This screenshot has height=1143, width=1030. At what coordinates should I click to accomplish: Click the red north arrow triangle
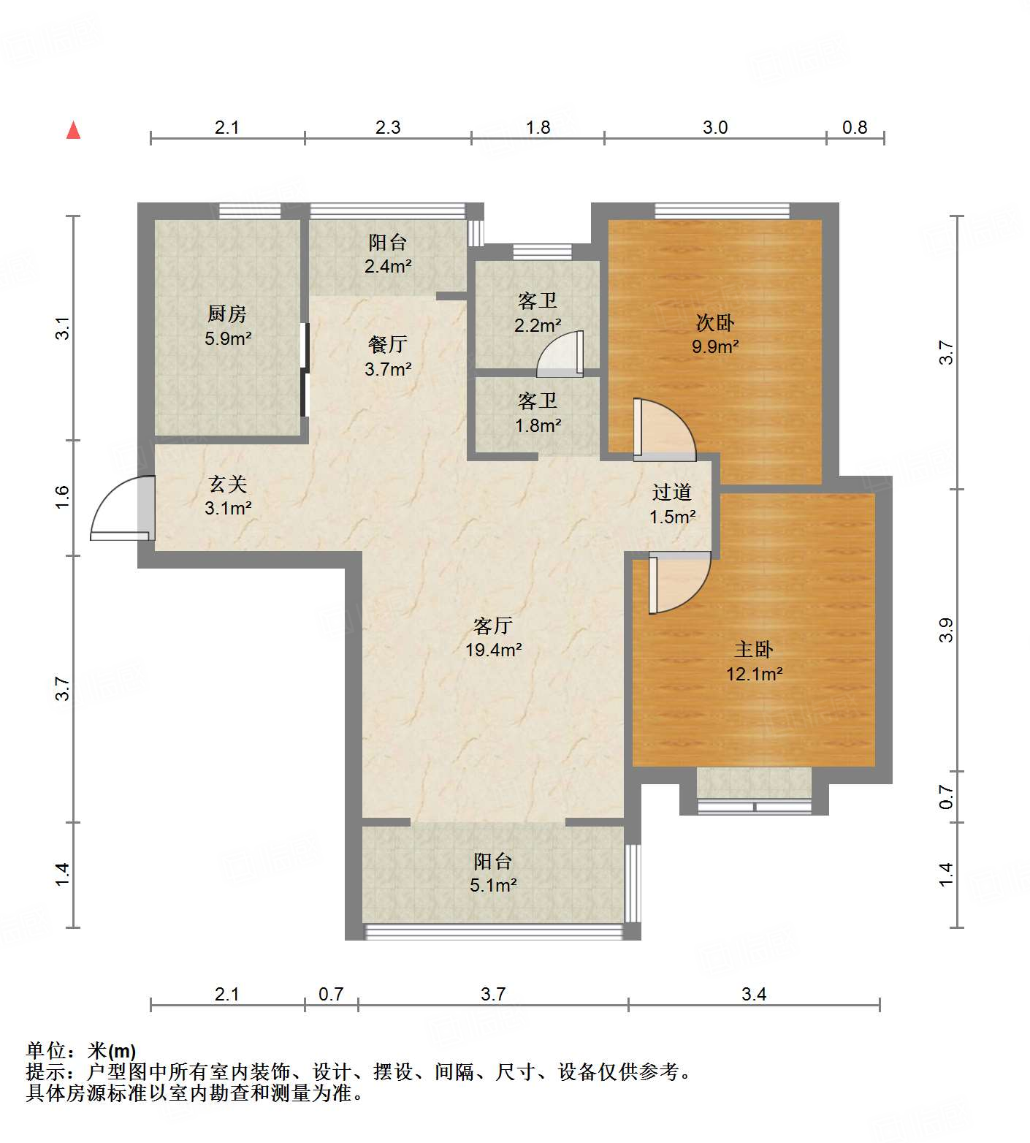[x=73, y=131]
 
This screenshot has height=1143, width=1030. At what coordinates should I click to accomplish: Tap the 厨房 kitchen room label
[x=227, y=314]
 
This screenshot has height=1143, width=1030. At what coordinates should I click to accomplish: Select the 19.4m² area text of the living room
[x=493, y=650]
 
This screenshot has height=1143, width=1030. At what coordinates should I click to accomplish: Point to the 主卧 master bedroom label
[x=754, y=649]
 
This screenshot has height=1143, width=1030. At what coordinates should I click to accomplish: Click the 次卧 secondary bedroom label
[x=714, y=322]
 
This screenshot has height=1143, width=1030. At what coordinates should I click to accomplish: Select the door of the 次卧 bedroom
[x=661, y=430]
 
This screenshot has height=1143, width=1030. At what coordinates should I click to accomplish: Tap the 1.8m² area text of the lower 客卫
[x=538, y=425]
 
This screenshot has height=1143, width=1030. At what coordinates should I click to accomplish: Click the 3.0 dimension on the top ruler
[x=715, y=128]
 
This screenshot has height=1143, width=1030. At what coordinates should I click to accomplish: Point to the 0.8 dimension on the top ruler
[x=854, y=128]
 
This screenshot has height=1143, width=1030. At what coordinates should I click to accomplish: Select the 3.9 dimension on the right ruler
[x=946, y=630]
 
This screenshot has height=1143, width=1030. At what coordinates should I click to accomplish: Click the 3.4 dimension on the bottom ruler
[x=754, y=994]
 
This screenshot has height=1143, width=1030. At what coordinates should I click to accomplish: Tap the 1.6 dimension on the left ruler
[x=63, y=498]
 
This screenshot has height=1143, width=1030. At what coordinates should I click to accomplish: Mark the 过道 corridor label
[x=671, y=493]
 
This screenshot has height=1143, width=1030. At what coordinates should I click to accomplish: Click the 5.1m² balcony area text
[x=493, y=886]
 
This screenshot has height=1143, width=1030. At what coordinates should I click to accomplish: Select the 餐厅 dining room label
[x=388, y=344]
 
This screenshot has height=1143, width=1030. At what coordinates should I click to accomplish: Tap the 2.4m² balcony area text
[x=388, y=266]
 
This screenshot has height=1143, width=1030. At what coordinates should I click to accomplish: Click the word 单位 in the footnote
[x=45, y=1051]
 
